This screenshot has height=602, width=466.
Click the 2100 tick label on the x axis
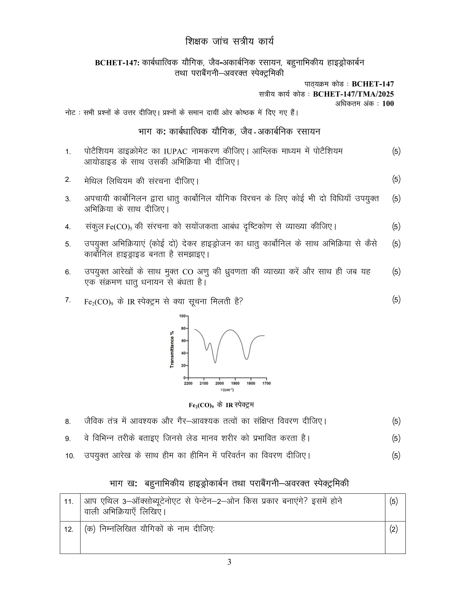204,383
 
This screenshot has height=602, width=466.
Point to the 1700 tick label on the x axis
266,383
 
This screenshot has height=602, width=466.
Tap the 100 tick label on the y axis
182,316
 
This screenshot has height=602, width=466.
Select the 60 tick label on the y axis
183,341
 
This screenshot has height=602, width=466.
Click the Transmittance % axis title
172,349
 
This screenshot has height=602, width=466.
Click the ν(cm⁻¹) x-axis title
227,390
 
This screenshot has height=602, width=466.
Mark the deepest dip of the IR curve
215,363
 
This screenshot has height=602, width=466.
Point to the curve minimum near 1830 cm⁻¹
246,359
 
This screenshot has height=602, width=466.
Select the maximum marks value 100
388,104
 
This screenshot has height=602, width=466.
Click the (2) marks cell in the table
394,529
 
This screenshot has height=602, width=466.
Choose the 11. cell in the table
69,501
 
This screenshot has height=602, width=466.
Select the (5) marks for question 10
396,456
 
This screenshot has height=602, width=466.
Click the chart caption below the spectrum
221,405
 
